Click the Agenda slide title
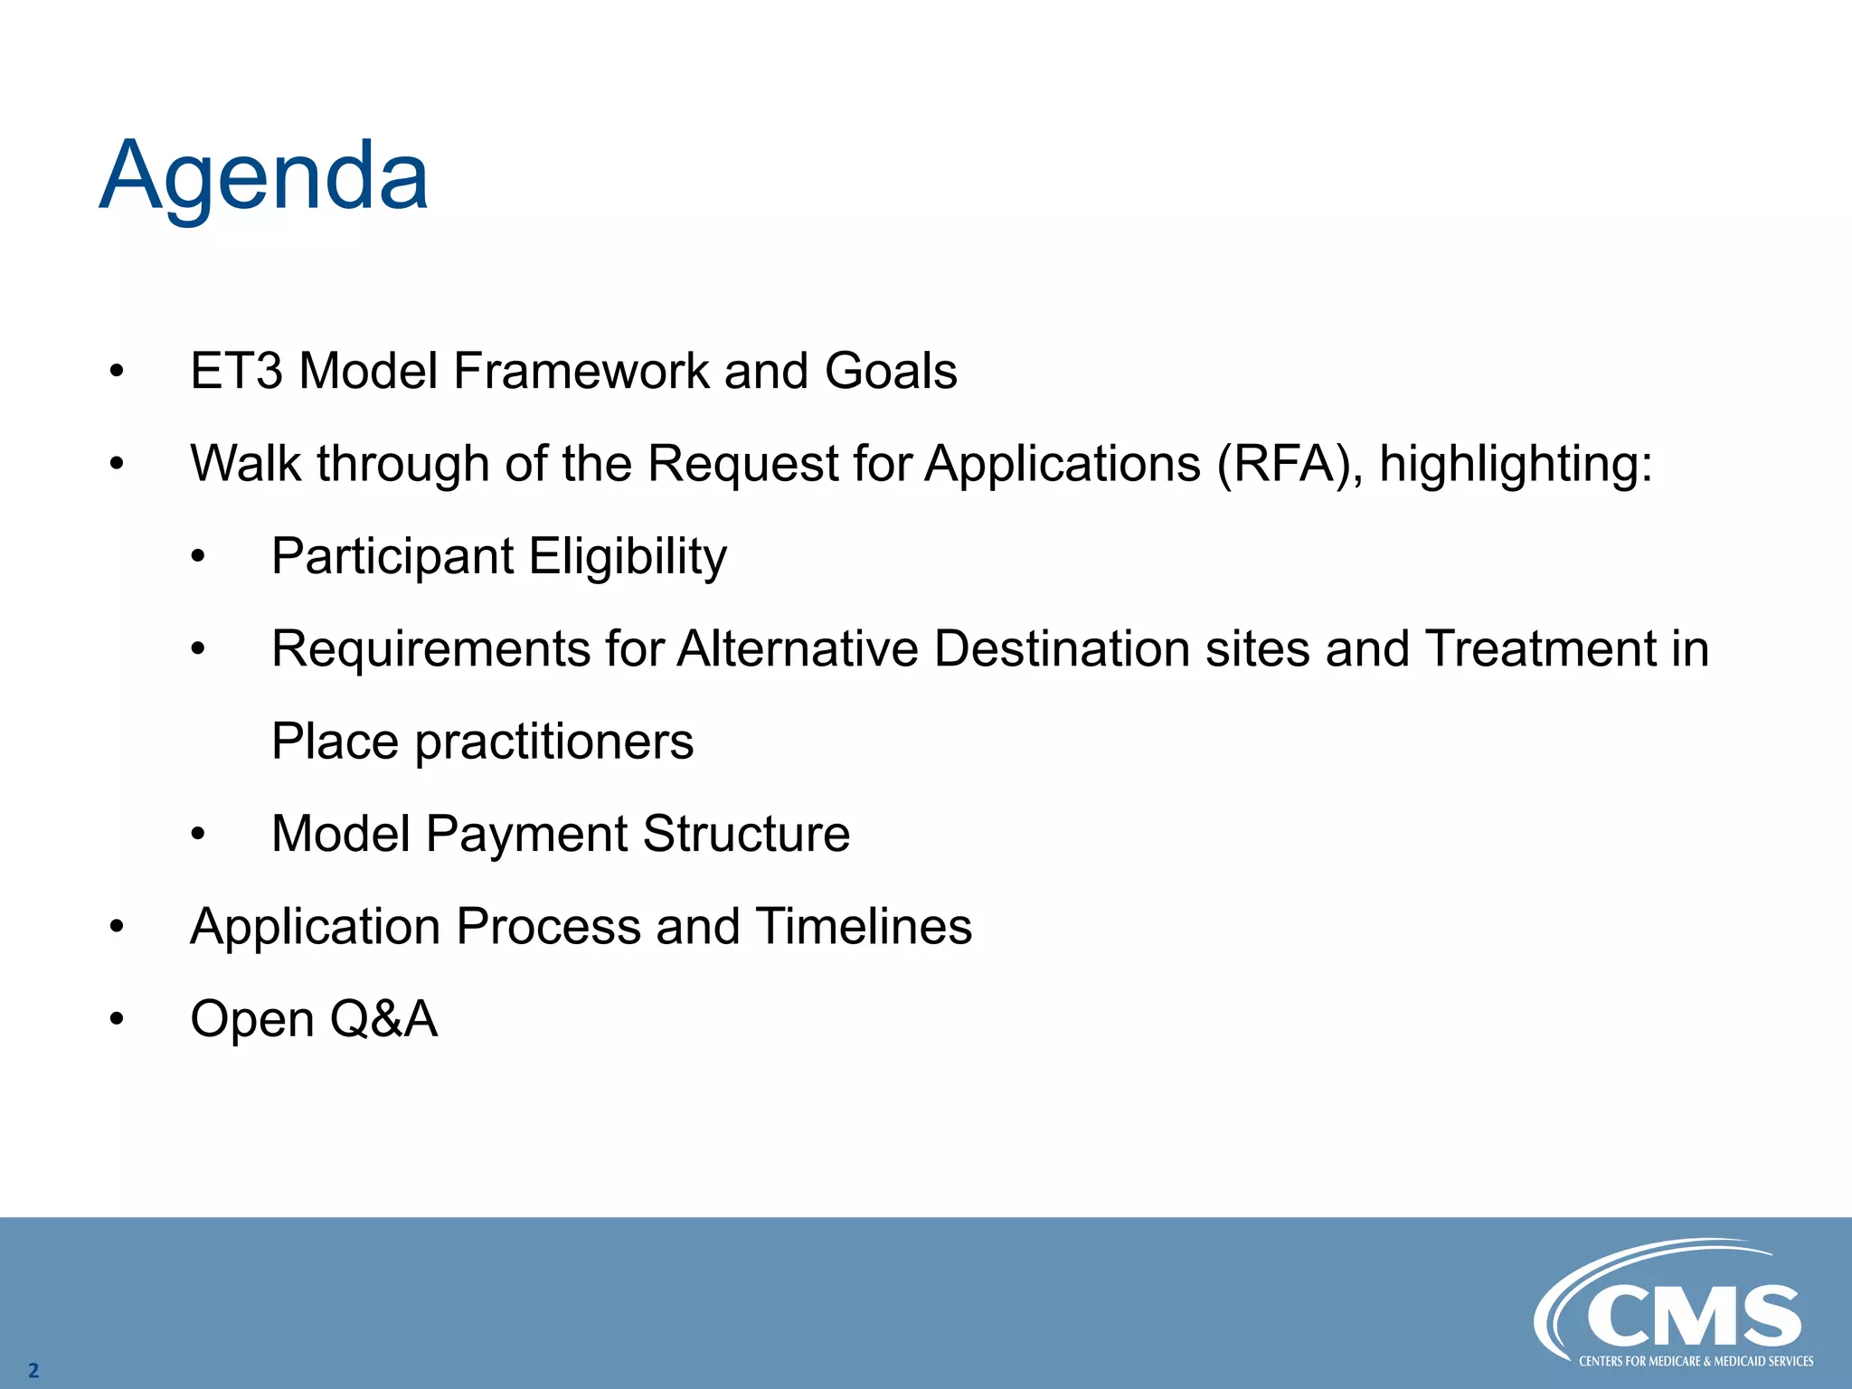click(264, 176)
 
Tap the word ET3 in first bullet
click(237, 372)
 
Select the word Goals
click(891, 372)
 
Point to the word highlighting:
click(1516, 466)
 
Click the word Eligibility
click(628, 558)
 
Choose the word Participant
click(392, 558)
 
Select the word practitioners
click(554, 743)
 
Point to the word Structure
click(746, 834)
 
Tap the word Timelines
click(864, 927)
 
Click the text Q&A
click(383, 1019)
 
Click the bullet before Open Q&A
click(116, 1020)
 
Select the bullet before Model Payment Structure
click(198, 835)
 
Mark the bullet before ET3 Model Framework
click(116, 372)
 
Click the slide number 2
click(33, 1370)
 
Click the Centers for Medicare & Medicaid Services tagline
click(1696, 1361)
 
